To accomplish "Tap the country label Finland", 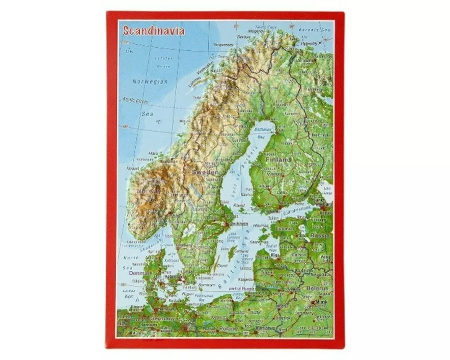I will (x=278, y=159).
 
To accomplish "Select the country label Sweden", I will (x=205, y=172).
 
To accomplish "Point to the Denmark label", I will (x=140, y=273).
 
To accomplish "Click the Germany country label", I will (x=162, y=319).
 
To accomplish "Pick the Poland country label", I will (x=228, y=329).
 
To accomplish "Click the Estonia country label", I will (x=284, y=228).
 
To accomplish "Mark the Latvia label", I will (x=298, y=254).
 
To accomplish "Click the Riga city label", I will (x=275, y=255).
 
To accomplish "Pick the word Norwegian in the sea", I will (x=150, y=81).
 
